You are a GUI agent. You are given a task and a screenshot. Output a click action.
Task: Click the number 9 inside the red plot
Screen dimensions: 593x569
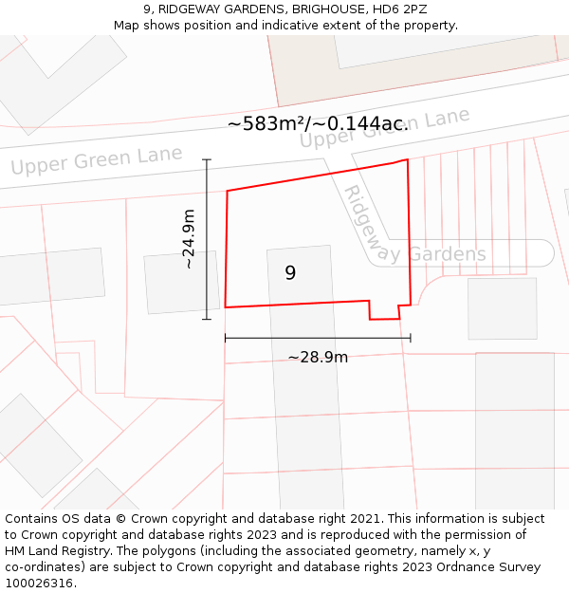pos(290,273)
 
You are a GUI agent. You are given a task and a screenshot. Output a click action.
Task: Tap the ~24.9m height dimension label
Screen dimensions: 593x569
pos(189,239)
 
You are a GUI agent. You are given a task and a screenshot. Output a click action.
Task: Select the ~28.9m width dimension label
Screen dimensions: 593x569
pos(318,357)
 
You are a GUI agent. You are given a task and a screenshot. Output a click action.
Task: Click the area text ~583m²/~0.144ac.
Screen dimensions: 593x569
pos(318,123)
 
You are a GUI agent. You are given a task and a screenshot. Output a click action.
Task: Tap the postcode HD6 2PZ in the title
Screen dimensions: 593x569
pos(401,9)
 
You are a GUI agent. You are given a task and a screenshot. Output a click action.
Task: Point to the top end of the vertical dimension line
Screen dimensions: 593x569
pos(207,159)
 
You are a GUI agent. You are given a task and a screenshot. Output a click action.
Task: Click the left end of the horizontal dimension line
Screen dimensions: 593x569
pos(225,337)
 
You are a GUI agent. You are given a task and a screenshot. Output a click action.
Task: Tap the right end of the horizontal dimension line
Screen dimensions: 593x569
pos(411,337)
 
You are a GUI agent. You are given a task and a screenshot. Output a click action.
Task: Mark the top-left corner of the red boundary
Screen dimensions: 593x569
pos(228,191)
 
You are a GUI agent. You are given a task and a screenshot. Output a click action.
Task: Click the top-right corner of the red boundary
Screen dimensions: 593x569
pos(408,159)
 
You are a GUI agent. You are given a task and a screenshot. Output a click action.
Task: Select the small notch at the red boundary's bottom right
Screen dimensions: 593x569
pos(384,312)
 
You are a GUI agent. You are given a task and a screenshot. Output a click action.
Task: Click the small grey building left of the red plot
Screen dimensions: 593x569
pos(181,282)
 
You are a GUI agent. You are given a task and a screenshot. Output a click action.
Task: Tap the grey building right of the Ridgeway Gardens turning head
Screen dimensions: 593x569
pos(502,308)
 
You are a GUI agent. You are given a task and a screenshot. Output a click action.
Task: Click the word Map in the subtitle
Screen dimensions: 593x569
pos(127,26)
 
